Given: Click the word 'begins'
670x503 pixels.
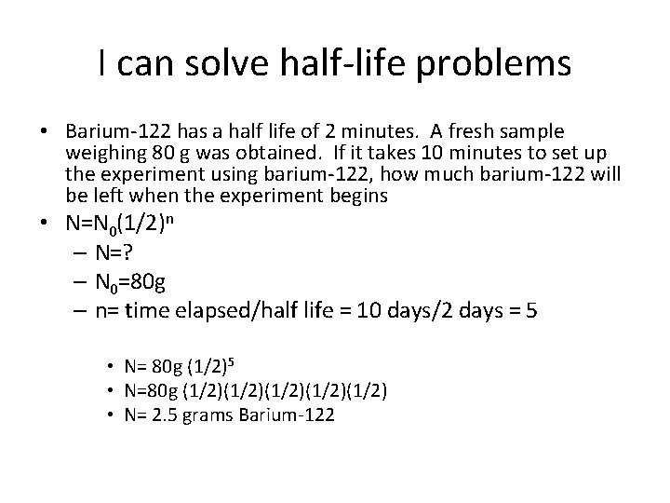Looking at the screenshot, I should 356,196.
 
